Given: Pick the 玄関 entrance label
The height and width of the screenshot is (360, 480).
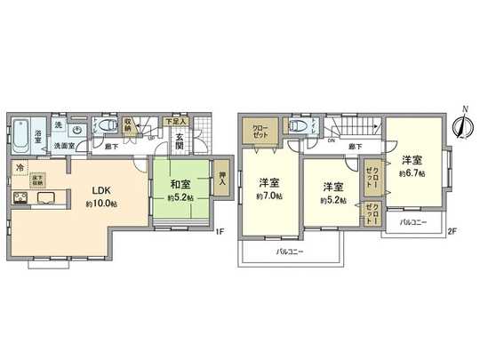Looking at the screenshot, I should tap(179, 142).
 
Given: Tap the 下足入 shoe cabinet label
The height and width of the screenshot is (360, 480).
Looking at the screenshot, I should tap(174, 119).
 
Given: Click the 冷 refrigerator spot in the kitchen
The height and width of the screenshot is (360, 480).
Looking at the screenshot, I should tap(19, 167).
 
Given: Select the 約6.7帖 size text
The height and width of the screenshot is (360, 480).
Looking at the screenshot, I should tap(412, 172).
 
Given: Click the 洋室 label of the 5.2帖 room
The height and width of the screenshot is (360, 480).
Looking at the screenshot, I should tap(332, 187).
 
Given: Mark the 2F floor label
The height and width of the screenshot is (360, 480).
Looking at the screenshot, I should tap(452, 232).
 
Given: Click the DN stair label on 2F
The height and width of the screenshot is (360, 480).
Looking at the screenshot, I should tap(331, 140).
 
